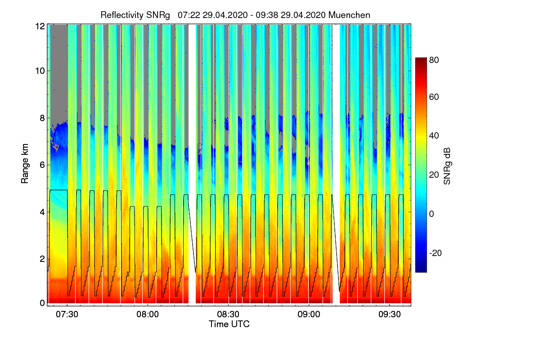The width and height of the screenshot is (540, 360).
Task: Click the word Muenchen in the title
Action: coord(349,15)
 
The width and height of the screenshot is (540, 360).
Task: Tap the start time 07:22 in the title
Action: coord(189,15)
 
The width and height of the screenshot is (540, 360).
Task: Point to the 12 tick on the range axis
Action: coord(40,26)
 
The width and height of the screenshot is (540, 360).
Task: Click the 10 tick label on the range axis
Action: coord(40,71)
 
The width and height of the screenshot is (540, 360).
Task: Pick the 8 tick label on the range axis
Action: coord(42,118)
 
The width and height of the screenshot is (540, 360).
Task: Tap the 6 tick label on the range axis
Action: coord(42,165)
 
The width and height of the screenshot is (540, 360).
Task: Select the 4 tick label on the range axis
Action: coord(42,212)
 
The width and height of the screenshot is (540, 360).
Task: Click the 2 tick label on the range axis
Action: coord(42,259)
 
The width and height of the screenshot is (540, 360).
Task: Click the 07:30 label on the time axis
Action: coord(67,315)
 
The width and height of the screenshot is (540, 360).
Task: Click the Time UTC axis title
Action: coord(229,324)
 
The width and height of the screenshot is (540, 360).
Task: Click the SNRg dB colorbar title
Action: coord(447,165)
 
